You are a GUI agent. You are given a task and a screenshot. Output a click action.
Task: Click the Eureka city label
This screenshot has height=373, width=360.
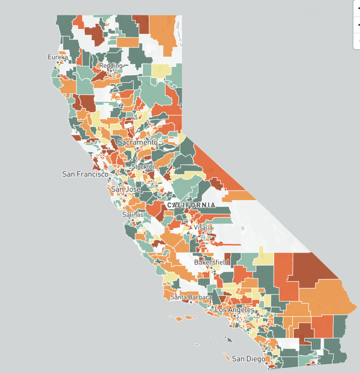[x=58, y=57]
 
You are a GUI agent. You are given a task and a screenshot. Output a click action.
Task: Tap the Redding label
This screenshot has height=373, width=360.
[x=111, y=66]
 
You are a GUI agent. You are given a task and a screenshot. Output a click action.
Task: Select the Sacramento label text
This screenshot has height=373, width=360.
[x=137, y=142]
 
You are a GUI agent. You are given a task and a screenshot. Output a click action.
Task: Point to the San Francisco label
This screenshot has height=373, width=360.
[x=85, y=174]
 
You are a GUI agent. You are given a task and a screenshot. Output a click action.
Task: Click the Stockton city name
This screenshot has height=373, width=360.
[x=143, y=167]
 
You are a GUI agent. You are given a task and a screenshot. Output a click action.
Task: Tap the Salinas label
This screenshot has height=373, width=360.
[x=133, y=215]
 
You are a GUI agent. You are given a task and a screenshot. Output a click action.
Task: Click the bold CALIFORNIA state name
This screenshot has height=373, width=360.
[x=191, y=205]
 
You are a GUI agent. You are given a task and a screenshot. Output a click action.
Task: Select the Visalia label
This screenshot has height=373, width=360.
[x=203, y=227]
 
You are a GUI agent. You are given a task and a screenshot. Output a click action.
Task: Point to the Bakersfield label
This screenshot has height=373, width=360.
[x=211, y=262]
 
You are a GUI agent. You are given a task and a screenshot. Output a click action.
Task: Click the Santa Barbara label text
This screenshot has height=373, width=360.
[x=191, y=297]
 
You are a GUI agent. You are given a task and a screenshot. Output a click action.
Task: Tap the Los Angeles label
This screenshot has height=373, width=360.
[x=235, y=310]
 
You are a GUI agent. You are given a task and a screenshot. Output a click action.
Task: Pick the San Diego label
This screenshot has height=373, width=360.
[x=248, y=359]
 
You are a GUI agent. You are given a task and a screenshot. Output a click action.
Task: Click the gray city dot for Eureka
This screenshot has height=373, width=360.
[x=58, y=63]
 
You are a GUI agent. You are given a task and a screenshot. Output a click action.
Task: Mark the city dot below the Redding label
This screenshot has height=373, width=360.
[x=111, y=71]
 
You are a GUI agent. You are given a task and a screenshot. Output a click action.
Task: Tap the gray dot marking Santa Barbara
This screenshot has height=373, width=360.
[x=191, y=302]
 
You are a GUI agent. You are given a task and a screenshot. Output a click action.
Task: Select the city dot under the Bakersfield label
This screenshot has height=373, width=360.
[x=211, y=267]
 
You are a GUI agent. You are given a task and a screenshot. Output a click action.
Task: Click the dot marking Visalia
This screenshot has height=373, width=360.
[x=203, y=232]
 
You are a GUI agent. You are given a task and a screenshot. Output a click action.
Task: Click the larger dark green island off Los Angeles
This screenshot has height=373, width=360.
[x=228, y=339]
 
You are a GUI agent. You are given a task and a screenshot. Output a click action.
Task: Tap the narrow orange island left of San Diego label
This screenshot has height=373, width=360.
[x=227, y=356]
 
